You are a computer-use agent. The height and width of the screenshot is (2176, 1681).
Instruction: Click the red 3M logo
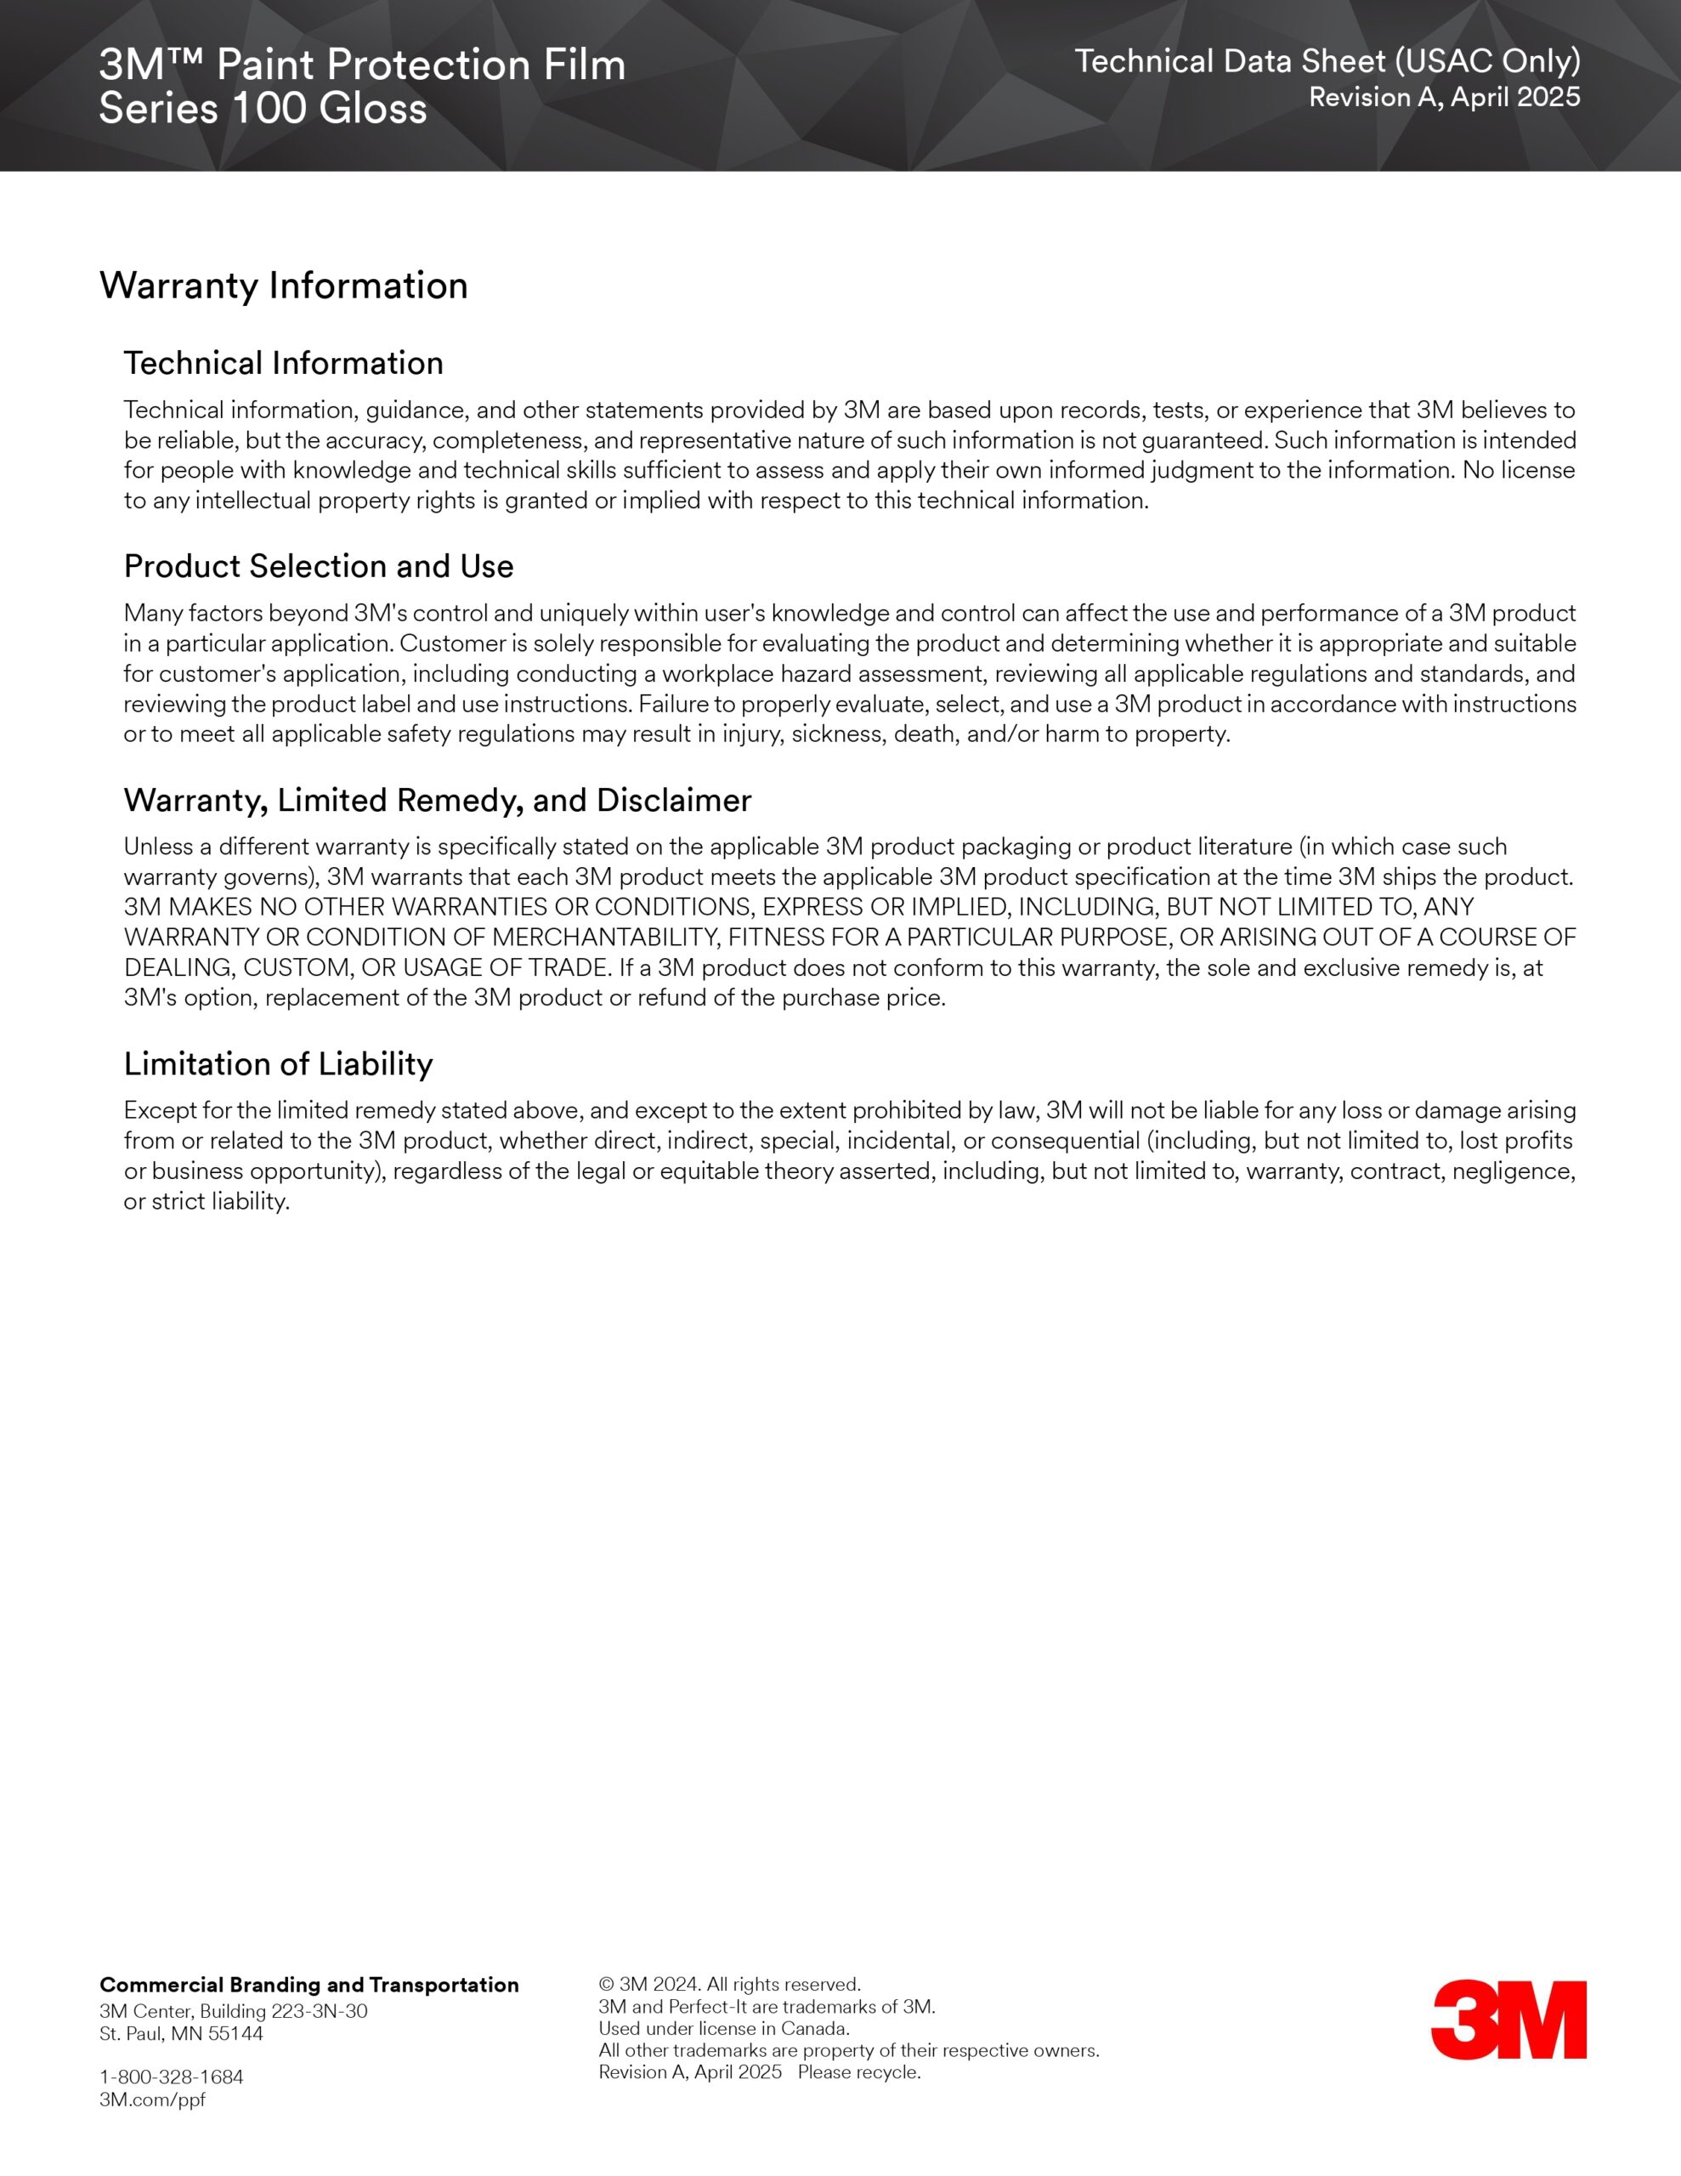click(x=1508, y=2020)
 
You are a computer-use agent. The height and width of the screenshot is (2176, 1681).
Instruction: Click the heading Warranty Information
click(x=283, y=286)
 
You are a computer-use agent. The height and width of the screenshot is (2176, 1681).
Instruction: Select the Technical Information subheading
click(x=283, y=364)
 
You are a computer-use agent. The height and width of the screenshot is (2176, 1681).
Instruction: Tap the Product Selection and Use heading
click(x=318, y=566)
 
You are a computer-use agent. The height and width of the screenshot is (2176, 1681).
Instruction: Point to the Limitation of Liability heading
click(x=278, y=1064)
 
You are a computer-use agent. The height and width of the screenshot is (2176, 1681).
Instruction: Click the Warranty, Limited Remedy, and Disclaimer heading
click(x=438, y=800)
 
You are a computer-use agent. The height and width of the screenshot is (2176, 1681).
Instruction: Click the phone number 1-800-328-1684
click(x=172, y=2077)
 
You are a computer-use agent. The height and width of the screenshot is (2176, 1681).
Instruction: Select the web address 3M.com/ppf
click(x=152, y=2099)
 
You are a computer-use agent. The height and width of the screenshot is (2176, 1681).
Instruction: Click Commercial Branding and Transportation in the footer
click(x=308, y=1985)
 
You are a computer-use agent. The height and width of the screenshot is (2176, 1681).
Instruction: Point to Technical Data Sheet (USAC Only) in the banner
click(x=1327, y=62)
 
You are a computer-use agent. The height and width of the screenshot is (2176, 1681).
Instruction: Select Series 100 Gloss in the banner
click(x=263, y=109)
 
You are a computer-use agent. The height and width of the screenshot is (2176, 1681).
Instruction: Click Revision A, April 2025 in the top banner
click(x=1444, y=97)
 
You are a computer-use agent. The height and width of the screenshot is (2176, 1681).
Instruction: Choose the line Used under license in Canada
click(x=723, y=2029)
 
